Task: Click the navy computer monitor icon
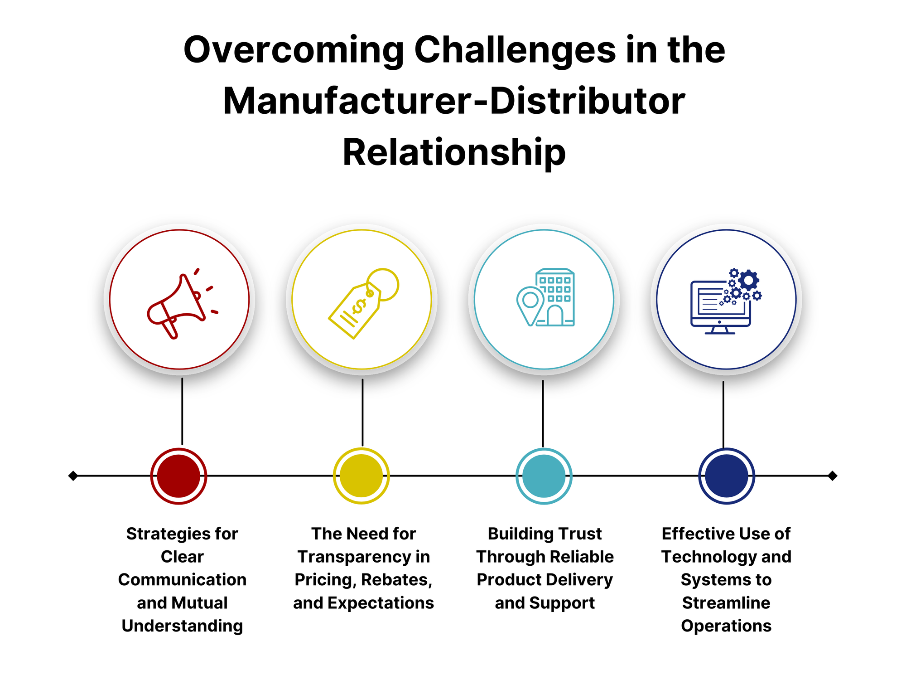720,306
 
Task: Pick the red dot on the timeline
179,476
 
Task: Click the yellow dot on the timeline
361,476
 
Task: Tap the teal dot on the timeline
544,476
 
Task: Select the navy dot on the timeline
726,476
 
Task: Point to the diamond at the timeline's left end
73,476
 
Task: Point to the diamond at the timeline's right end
832,476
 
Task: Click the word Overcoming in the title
294,51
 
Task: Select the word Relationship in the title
454,153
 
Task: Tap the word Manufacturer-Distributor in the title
454,102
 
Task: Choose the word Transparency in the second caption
348,557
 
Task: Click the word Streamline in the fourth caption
726,603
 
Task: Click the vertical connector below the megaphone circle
182,411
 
